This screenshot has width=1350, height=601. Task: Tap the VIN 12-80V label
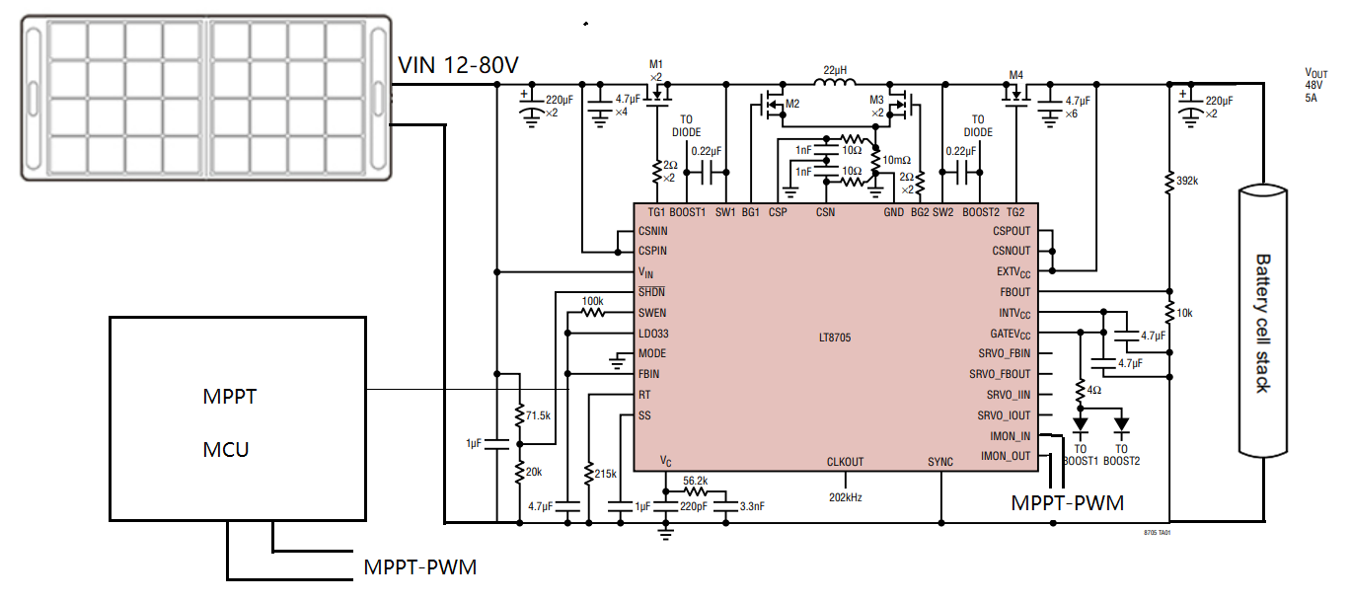coord(458,65)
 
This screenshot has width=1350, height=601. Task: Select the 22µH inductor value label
coord(836,70)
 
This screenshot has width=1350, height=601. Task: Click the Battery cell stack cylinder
coord(1263,321)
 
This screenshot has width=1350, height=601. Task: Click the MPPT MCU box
coord(237,419)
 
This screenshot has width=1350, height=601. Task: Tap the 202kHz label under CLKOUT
coord(844,497)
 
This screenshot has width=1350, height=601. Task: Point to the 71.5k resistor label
coord(538,415)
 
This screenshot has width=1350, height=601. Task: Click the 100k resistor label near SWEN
coord(592,301)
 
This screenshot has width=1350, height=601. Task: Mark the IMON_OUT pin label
coord(1006,456)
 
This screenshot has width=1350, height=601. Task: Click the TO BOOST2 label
coord(1121,454)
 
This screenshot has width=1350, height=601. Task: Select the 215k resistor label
coord(604,474)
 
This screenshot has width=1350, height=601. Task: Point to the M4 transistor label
coord(1016,74)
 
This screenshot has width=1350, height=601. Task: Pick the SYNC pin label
coord(940,462)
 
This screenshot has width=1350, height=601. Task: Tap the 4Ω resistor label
coord(1093,390)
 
